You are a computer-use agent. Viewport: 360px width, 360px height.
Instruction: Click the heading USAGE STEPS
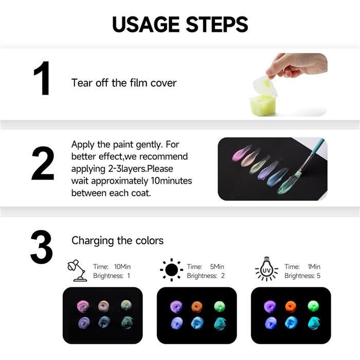pos(180,24)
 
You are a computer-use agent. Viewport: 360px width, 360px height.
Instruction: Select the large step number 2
pos(43,164)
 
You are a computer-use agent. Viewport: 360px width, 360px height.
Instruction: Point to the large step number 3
pos(42,247)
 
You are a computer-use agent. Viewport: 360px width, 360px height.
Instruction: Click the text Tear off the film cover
pos(124,83)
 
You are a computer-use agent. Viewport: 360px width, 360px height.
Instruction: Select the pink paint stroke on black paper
pos(241,153)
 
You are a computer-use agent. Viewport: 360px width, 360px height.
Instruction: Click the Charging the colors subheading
pos(117,241)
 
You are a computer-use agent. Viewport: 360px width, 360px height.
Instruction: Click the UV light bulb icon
pos(266,271)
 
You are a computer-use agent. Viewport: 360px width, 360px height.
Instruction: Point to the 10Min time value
pos(122,267)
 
